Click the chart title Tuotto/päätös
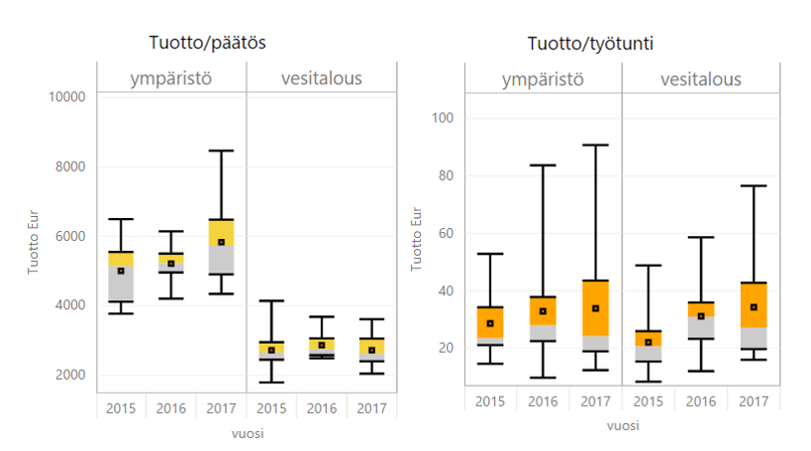208,44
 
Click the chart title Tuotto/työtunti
590,44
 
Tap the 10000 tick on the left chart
66,96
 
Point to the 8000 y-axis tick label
69,166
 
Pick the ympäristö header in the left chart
171,78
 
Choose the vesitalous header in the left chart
321,78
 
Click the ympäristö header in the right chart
542,79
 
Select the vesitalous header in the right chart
700,79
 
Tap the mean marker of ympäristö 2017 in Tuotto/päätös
221,242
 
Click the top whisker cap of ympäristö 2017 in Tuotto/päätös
221,151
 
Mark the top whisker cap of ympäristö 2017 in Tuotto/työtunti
595,145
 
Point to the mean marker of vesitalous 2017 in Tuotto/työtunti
754,307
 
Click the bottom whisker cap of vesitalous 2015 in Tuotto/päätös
271,382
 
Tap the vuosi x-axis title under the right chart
621,425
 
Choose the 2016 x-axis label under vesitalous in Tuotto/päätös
321,407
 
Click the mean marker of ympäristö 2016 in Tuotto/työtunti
543,311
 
